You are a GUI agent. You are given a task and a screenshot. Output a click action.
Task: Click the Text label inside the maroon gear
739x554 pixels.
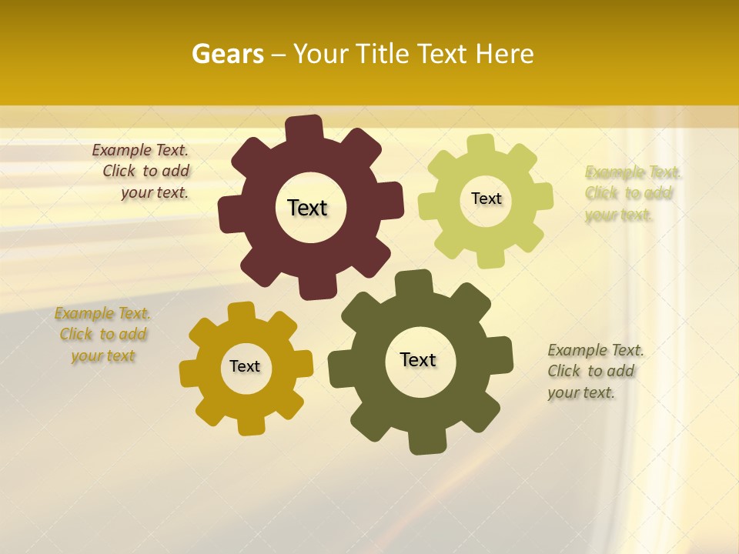click(307, 208)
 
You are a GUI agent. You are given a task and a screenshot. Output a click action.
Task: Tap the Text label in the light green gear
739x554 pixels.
click(486, 199)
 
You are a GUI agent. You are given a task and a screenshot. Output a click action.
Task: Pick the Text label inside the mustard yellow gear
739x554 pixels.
click(245, 366)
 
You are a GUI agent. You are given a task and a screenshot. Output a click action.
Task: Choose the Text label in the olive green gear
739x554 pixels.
click(418, 359)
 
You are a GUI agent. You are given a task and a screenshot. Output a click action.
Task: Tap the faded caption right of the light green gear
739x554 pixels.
click(632, 193)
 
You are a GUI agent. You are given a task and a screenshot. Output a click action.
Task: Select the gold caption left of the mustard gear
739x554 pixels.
click(102, 335)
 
